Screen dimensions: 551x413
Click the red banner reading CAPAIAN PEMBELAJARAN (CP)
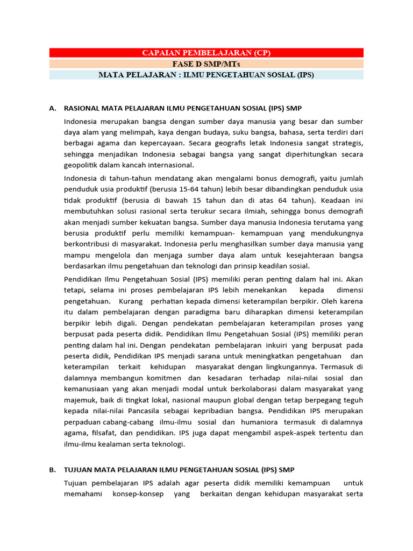(x=206, y=53)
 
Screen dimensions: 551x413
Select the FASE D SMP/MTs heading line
(x=206, y=64)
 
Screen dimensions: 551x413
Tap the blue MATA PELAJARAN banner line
(x=206, y=75)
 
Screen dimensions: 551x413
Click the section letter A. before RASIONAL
(x=53, y=108)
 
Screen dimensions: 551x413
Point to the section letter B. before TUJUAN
(x=53, y=470)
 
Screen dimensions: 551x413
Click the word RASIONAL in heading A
(x=82, y=108)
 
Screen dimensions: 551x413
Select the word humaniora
(x=251, y=422)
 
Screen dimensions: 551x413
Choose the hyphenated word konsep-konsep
(x=140, y=494)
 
